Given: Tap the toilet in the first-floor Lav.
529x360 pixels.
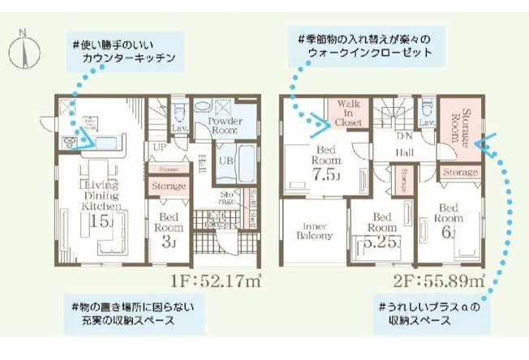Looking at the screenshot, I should point(181,109).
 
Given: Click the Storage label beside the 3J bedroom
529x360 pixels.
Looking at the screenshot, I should point(169,186).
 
